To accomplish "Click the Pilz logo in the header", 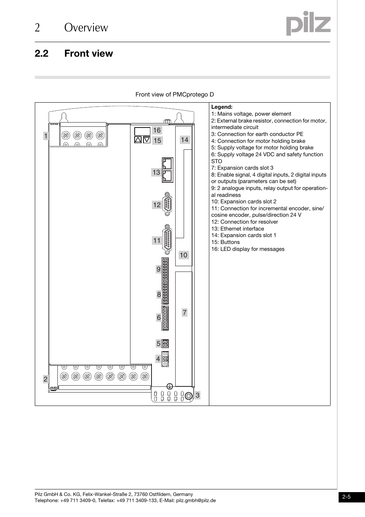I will (308, 24).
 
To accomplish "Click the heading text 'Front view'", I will (88, 54).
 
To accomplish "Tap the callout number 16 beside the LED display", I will (157, 130).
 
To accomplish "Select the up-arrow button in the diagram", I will (138, 140).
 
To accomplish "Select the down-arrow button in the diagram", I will (147, 140).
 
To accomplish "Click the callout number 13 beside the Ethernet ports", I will (156, 172).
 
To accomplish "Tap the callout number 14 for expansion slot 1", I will (184, 140).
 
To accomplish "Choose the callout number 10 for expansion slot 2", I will (184, 255).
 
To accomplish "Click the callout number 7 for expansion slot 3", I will (184, 312).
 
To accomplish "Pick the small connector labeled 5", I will (165, 344).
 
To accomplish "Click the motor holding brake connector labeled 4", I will (165, 359).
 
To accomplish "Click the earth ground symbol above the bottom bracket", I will (170, 386).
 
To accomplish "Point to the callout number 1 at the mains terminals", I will (46, 136).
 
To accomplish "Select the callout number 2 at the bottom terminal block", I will (46, 379).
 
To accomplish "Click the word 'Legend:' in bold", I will (222, 107).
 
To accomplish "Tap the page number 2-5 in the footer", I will (347, 497).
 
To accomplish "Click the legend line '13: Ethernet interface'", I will (237, 229).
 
